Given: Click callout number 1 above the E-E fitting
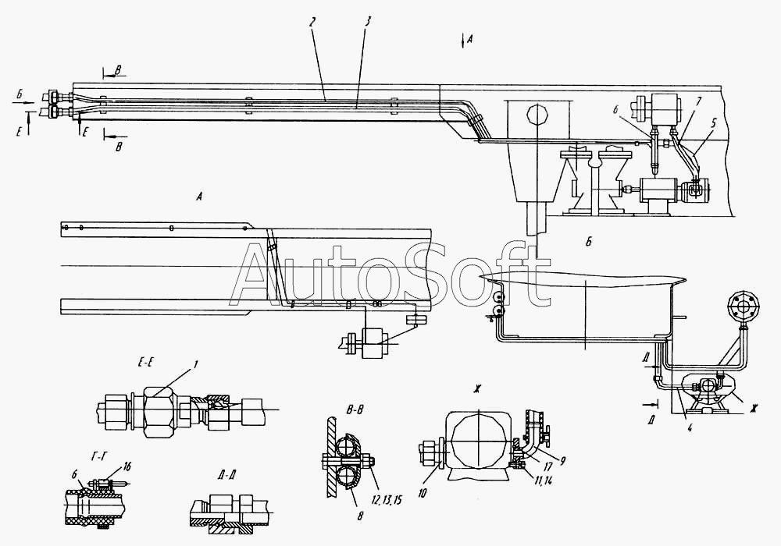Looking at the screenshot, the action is pyautogui.click(x=196, y=365).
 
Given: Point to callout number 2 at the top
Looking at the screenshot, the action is pyautogui.click(x=312, y=22).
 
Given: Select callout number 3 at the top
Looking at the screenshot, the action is pyautogui.click(x=368, y=22).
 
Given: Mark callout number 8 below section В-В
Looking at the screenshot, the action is pyautogui.click(x=360, y=516).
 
